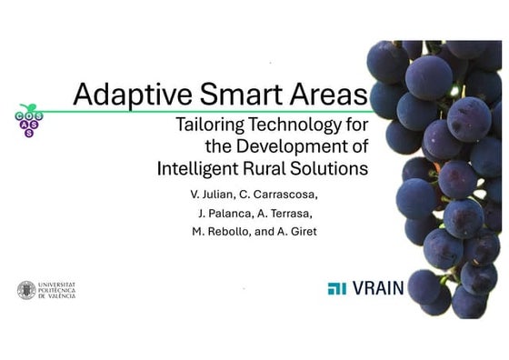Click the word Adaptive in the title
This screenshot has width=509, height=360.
pyautogui.click(x=122, y=95)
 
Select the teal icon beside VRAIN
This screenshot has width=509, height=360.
pyautogui.click(x=337, y=290)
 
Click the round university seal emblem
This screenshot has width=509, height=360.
pyautogui.click(x=26, y=291)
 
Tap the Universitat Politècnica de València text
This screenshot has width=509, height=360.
pyautogui.click(x=57, y=291)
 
